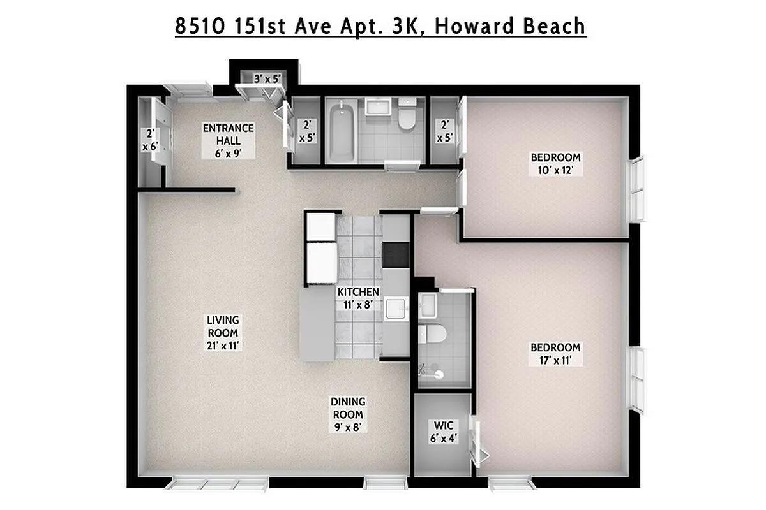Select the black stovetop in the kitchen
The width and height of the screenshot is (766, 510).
(396, 255)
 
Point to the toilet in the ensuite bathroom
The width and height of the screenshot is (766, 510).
(434, 333)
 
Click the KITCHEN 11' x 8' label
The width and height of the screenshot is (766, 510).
(358, 298)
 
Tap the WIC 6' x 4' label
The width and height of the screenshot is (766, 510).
(443, 432)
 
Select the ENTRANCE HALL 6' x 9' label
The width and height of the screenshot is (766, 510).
(228, 140)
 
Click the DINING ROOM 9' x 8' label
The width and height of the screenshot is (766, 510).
(348, 414)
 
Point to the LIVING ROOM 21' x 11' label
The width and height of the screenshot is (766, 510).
(222, 333)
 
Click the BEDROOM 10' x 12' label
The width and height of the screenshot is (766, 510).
(555, 164)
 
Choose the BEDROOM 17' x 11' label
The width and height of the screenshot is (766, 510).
(555, 354)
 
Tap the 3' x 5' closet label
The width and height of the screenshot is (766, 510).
(267, 79)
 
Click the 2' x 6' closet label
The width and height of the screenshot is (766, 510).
(150, 139)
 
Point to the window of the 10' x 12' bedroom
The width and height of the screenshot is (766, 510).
(638, 188)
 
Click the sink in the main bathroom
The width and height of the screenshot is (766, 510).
(381, 108)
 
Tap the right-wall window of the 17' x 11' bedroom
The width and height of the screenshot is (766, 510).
(638, 379)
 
